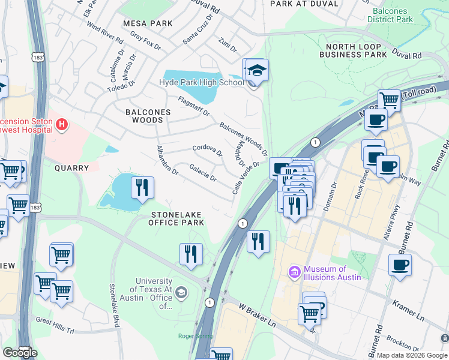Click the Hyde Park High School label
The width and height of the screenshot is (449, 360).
coord(201,83)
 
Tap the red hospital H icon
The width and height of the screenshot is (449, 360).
coord(61,125)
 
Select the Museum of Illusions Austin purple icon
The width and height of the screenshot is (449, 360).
coord(295,273)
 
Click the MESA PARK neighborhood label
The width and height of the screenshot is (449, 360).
coord(147,23)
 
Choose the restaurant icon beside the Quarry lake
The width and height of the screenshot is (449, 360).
coord(142,187)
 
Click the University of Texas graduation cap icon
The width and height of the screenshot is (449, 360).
coord(182,293)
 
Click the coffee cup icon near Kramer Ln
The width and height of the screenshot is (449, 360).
coord(400,265)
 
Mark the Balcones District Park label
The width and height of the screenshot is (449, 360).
coord(393,16)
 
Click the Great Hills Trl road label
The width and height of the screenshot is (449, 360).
coord(54,321)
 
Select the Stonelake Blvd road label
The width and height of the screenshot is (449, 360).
coord(112,305)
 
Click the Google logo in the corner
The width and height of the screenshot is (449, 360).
coord(20,353)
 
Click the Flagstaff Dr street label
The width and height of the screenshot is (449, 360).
coord(193,106)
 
